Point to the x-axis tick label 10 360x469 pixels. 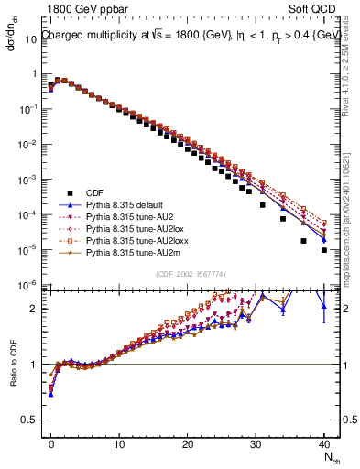[x=119, y=444]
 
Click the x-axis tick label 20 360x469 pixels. [x=188, y=444]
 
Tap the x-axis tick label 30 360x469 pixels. [x=256, y=444]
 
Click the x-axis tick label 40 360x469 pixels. [x=324, y=444]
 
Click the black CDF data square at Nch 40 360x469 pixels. [x=324, y=249]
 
